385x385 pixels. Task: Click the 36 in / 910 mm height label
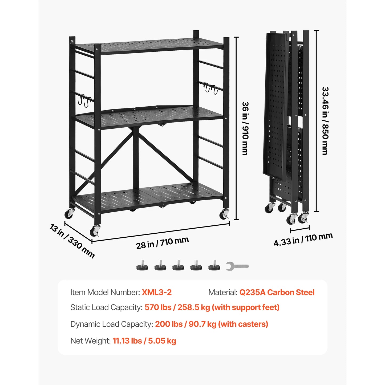(245, 128)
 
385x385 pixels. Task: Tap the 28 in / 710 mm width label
(162, 243)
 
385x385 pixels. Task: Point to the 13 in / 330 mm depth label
(72, 241)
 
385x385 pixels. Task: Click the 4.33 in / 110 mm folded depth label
(303, 239)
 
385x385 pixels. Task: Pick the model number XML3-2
(157, 292)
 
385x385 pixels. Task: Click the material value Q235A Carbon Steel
(277, 292)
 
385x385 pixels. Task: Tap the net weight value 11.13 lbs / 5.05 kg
(144, 341)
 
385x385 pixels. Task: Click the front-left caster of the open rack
(95, 231)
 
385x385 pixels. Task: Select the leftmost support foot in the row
(142, 266)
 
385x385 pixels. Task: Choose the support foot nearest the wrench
(214, 266)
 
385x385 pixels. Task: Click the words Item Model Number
(105, 292)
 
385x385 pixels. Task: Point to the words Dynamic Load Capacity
(112, 324)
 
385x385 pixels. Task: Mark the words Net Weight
(90, 341)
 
